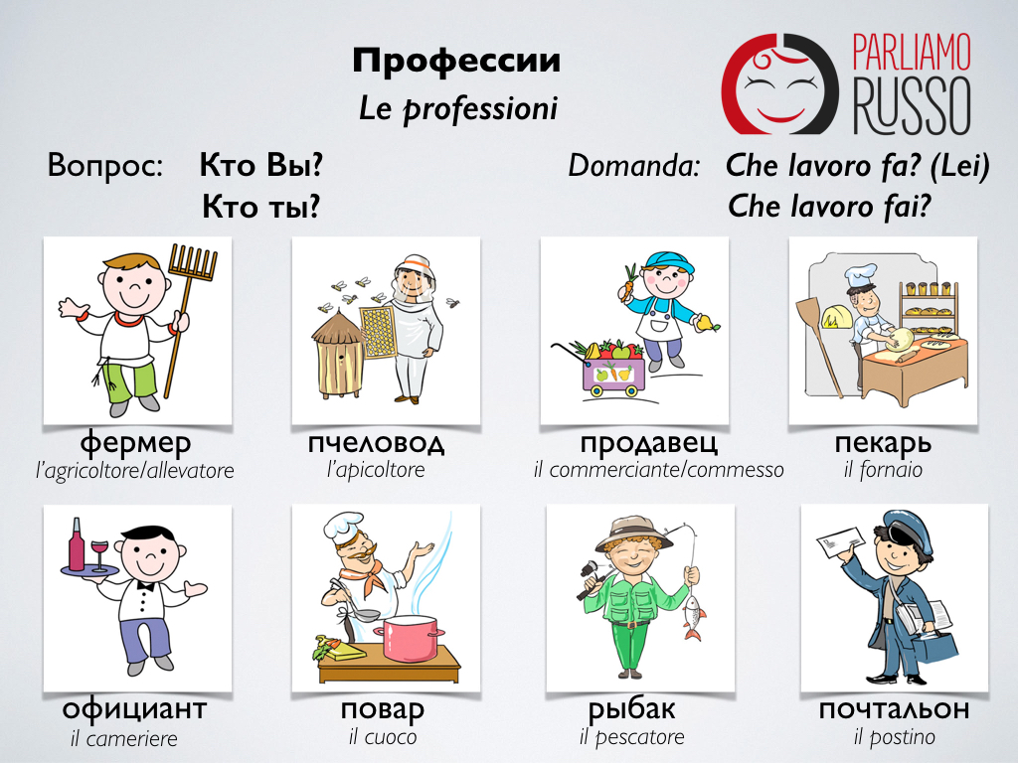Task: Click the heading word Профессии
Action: pyautogui.click(x=456, y=61)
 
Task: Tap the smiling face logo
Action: pyautogui.click(x=780, y=83)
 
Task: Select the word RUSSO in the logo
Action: pyautogui.click(x=913, y=105)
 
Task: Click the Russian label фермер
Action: pyautogui.click(x=135, y=444)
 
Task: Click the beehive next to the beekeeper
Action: pyautogui.click(x=338, y=354)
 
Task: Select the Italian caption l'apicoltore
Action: pyautogui.click(x=376, y=470)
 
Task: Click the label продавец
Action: pyautogui.click(x=649, y=444)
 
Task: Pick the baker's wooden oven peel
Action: pyautogui.click(x=819, y=344)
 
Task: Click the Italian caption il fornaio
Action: pyautogui.click(x=883, y=470)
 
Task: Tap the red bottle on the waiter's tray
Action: pyautogui.click(x=77, y=545)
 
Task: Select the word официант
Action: pyautogui.click(x=134, y=709)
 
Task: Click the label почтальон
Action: pyautogui.click(x=894, y=709)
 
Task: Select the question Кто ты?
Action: pyautogui.click(x=261, y=207)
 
